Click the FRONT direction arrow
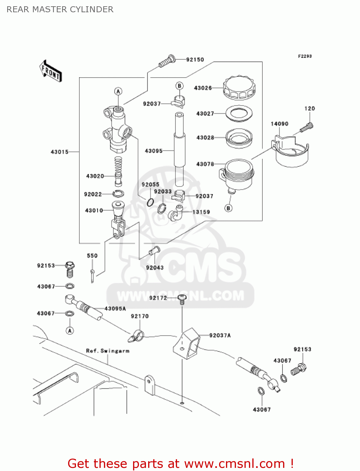[51, 71]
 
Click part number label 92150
[195, 60]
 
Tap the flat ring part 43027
[239, 113]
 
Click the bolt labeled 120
[307, 127]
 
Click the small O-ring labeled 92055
[150, 202]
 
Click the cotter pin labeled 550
[93, 275]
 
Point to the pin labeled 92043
[154, 251]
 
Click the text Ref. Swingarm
[108, 351]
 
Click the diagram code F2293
[305, 56]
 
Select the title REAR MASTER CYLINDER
[60, 9]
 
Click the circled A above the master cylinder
[118, 91]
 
